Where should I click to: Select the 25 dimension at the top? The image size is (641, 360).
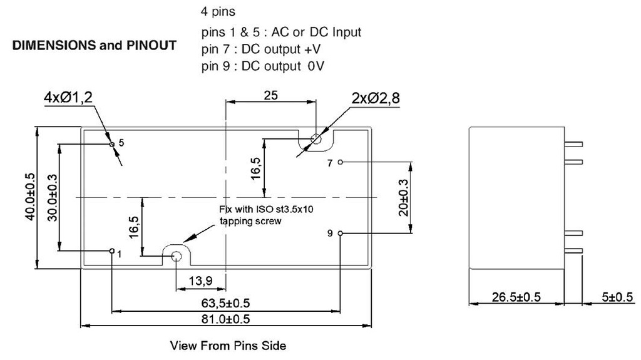pos(270,95)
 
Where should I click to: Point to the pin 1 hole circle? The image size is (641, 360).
pos(112,252)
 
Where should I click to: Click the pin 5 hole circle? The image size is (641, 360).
pos(112,144)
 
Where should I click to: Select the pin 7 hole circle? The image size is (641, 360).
pos(340,162)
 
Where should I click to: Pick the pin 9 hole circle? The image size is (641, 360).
pos(340,234)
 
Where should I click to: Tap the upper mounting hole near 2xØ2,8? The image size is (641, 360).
pos(316,140)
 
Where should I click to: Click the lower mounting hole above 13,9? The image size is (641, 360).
pos(177,255)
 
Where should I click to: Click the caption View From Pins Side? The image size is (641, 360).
pos(228,346)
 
